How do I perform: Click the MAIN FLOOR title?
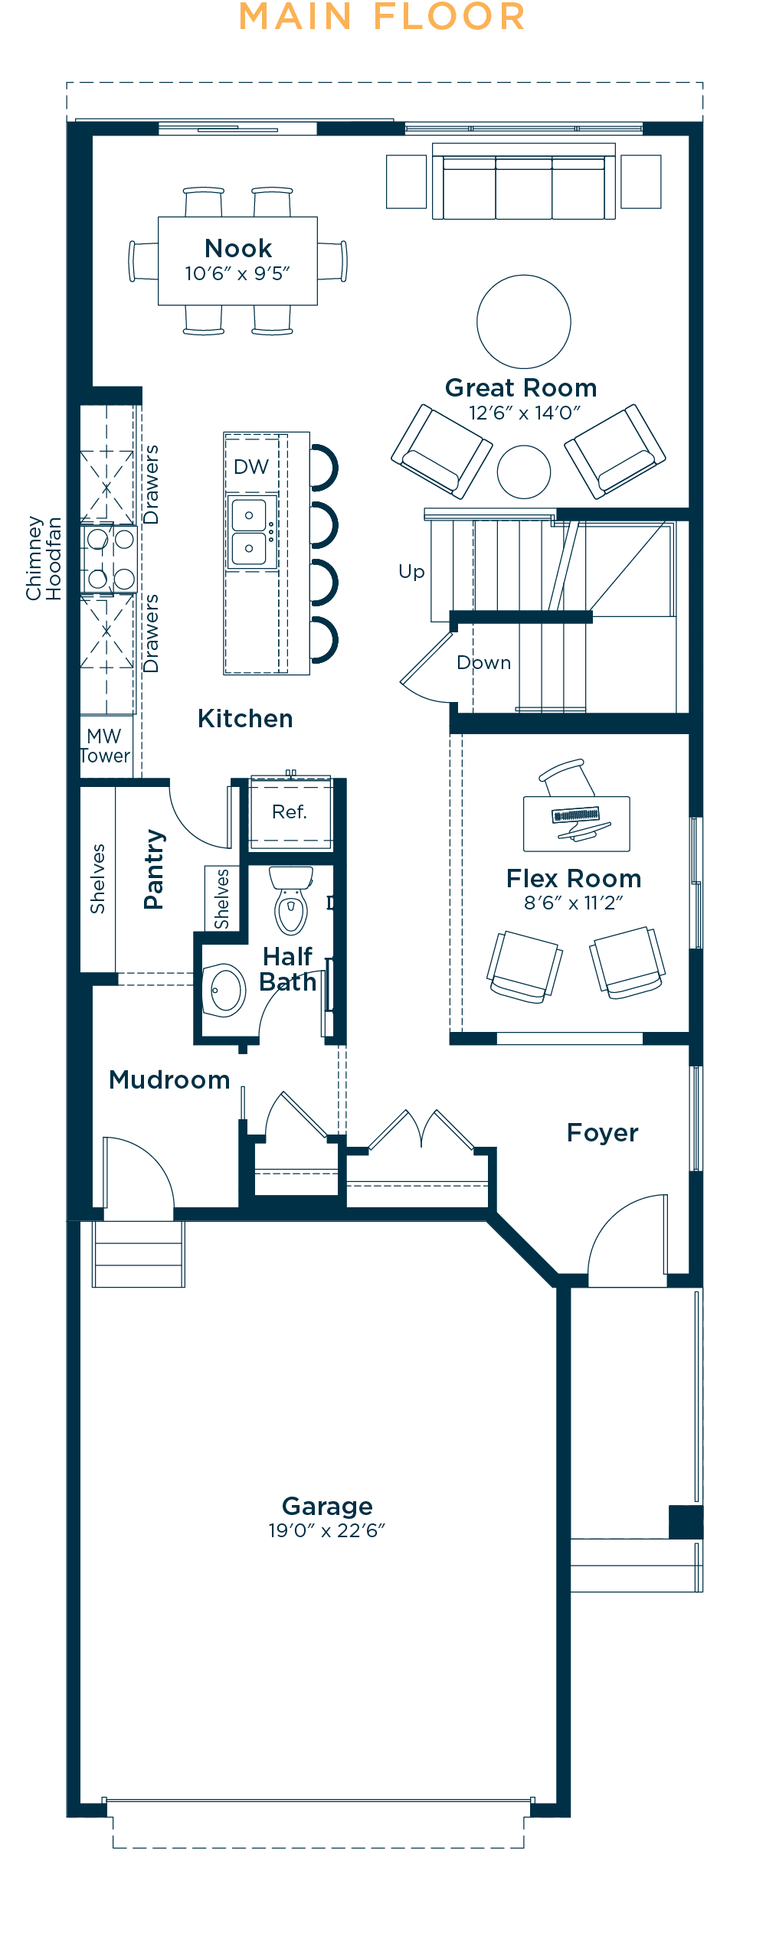click(382, 17)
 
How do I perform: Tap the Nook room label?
click(238, 248)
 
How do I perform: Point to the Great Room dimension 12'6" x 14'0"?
click(525, 413)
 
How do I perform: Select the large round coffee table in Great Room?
click(524, 322)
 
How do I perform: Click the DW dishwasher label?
click(251, 467)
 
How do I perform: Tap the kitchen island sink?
click(249, 532)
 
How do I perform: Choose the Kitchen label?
click(245, 718)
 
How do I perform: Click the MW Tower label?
click(105, 746)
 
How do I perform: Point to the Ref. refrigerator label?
click(290, 811)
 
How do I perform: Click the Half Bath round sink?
click(224, 990)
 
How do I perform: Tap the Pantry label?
click(154, 869)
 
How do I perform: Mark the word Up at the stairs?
click(411, 572)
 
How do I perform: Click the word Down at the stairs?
click(484, 662)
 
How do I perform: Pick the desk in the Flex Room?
click(577, 824)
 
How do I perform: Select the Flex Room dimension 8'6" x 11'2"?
click(574, 903)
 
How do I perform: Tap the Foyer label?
click(603, 1133)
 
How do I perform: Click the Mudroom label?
click(169, 1079)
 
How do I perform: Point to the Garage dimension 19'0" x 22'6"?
click(327, 1530)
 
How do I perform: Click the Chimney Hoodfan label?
click(44, 558)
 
